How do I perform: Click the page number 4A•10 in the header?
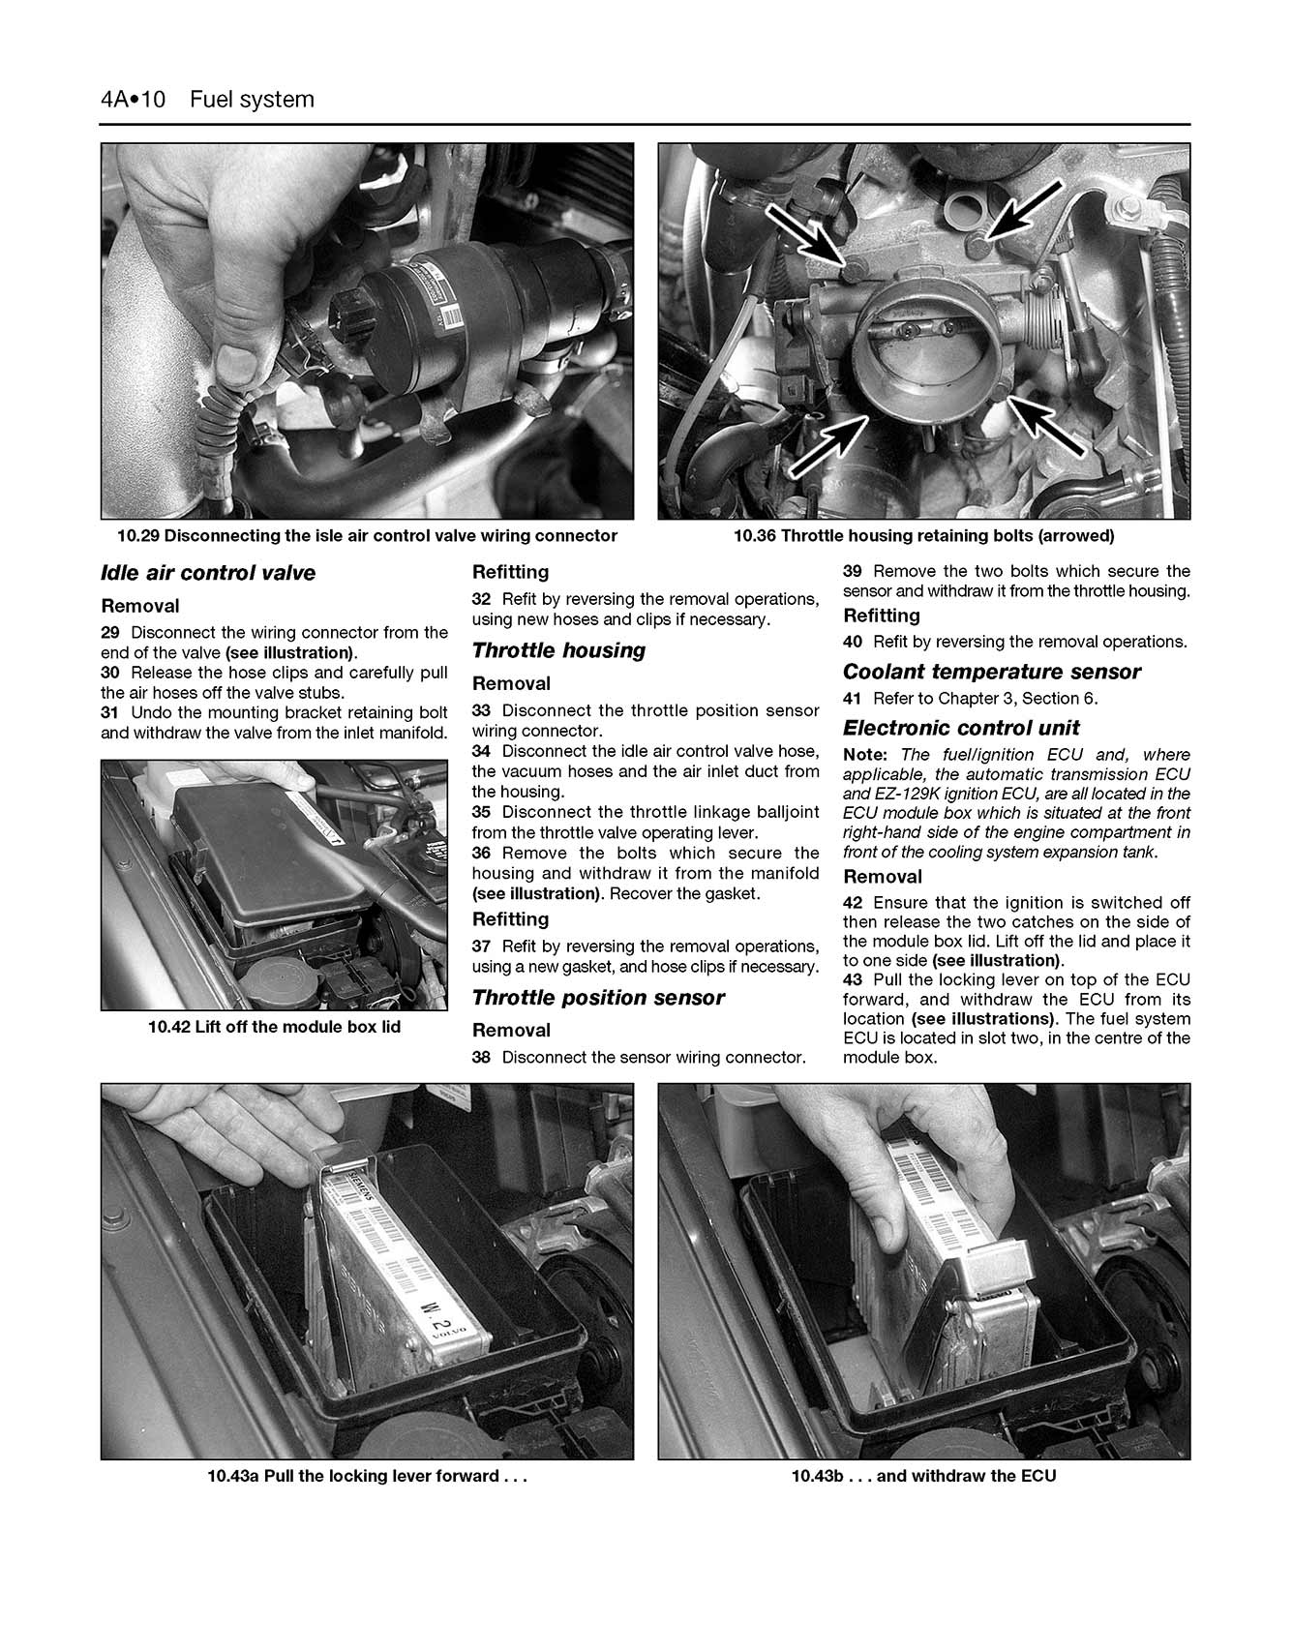pyautogui.click(x=134, y=100)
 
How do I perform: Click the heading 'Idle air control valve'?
pyautogui.click(x=208, y=573)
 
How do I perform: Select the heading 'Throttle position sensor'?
pyautogui.click(x=597, y=998)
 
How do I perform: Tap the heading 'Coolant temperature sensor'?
pyautogui.click(x=991, y=672)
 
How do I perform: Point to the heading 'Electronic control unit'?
pyautogui.click(x=960, y=728)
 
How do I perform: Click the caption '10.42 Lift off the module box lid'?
pyautogui.click(x=274, y=1027)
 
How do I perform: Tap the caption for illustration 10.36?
pyautogui.click(x=923, y=535)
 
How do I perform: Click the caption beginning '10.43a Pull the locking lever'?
pyautogui.click(x=367, y=1476)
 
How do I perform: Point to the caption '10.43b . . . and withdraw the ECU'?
pyautogui.click(x=923, y=1476)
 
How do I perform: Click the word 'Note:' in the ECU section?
pyautogui.click(x=864, y=754)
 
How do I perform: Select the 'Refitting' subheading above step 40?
pyautogui.click(x=880, y=616)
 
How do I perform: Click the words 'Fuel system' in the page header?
pyautogui.click(x=252, y=100)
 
